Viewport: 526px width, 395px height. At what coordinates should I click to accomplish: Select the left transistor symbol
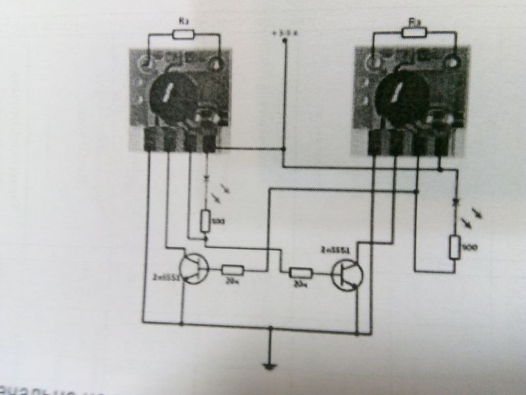[x=195, y=269]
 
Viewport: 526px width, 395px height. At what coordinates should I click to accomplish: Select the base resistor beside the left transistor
[x=233, y=269]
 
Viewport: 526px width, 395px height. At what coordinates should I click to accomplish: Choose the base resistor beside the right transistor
[x=301, y=273]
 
